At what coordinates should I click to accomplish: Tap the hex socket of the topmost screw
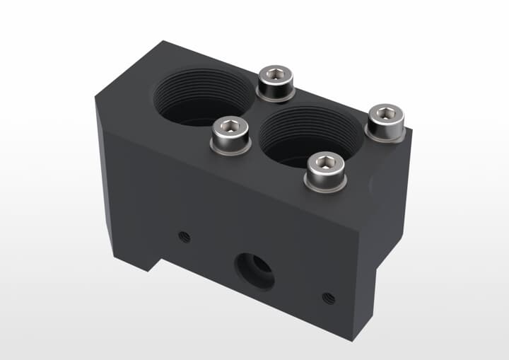click(x=275, y=74)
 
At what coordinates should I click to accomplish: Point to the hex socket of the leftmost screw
click(x=230, y=127)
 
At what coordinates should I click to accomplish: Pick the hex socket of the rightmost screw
click(x=386, y=112)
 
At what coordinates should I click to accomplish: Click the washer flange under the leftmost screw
click(x=231, y=149)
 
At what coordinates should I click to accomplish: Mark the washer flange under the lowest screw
click(x=325, y=186)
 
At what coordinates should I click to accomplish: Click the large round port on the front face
click(x=255, y=269)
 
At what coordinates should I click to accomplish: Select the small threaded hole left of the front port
click(x=185, y=237)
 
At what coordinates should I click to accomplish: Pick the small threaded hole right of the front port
click(x=328, y=298)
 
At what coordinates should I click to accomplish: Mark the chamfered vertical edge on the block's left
click(x=102, y=177)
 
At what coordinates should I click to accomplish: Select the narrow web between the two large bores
click(x=256, y=117)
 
